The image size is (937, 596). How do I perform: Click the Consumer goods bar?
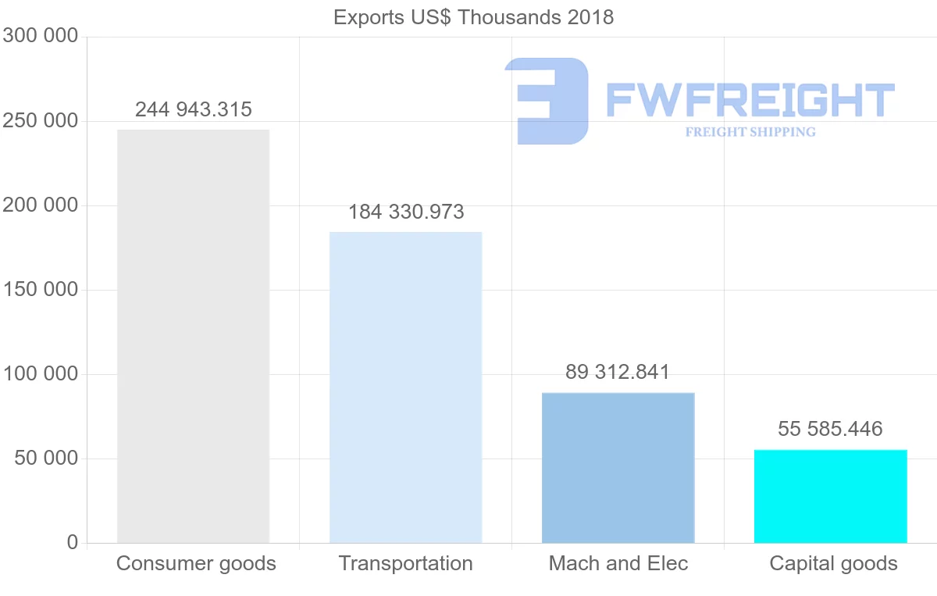pos(193,336)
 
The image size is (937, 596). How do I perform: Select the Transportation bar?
pos(405,387)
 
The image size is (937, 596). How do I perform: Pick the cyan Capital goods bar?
pos(830,496)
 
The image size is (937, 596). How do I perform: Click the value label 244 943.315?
pos(194,109)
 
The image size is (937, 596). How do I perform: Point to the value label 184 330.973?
pos(406,212)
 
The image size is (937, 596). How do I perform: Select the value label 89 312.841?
pos(618,372)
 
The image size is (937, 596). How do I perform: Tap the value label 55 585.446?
pos(830,429)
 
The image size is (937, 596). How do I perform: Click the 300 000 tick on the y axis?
pos(40,36)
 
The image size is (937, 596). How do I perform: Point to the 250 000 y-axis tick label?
pos(40,121)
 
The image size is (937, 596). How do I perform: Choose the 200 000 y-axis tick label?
pos(40,205)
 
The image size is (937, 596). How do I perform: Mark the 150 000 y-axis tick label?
pos(40,290)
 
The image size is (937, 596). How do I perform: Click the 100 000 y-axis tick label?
pos(40,374)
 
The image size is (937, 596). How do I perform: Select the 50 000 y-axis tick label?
pos(47,459)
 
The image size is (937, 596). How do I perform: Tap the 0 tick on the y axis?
pos(73,542)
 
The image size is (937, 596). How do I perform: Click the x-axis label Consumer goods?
pos(196,563)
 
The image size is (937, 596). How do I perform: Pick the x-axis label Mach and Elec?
pos(618,563)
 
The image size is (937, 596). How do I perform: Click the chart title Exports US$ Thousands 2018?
pos(473,17)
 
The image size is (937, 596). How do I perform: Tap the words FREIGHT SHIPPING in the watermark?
pos(750,132)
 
